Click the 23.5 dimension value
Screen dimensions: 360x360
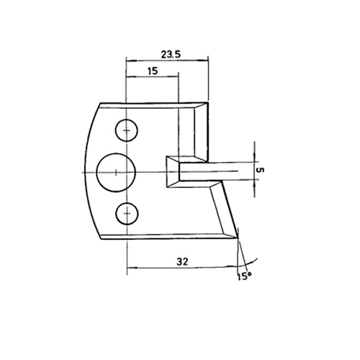tap(171, 55)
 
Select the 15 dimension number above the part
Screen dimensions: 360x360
tap(153, 71)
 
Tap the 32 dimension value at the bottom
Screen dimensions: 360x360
tap(182, 261)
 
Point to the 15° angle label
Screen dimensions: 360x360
tap(244, 276)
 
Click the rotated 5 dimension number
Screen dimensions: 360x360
tap(260, 170)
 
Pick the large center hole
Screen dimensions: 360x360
tap(116, 173)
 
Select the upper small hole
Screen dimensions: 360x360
tap(127, 130)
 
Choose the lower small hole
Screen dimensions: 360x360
tap(127, 213)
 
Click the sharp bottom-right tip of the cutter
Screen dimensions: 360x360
tap(238, 238)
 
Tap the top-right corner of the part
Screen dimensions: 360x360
tap(207, 103)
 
